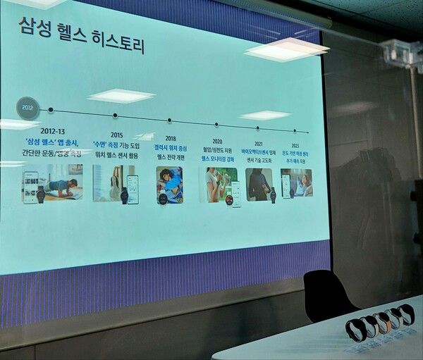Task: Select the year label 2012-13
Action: (x=53, y=131)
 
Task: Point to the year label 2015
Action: (x=116, y=135)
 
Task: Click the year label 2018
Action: (x=171, y=139)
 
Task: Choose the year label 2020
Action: (x=217, y=141)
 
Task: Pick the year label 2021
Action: (x=259, y=143)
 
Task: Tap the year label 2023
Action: (x=295, y=145)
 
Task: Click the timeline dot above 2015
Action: (x=115, y=116)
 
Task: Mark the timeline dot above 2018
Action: (x=171, y=120)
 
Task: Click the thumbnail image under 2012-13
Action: (x=53, y=183)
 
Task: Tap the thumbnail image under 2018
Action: (x=169, y=185)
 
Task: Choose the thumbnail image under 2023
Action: (x=296, y=183)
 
